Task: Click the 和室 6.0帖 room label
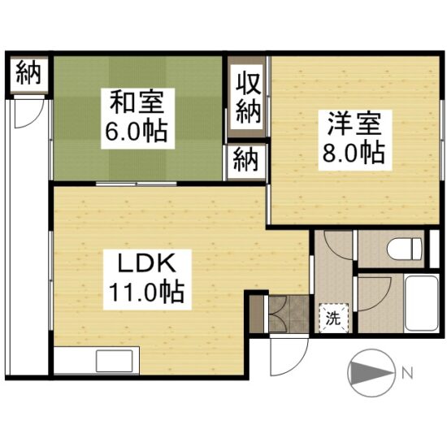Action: click(137, 119)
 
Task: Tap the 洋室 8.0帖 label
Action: click(355, 141)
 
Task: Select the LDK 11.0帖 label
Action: click(147, 280)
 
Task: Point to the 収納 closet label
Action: click(248, 98)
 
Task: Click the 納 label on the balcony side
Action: click(28, 73)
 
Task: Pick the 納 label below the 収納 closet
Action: click(247, 161)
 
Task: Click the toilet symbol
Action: click(404, 249)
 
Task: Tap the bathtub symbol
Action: click(421, 302)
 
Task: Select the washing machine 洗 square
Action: click(333, 318)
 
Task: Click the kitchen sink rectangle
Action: click(115, 361)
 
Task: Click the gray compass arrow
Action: click(371, 373)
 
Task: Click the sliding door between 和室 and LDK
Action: click(137, 184)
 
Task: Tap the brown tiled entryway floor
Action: click(289, 314)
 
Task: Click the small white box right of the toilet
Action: click(434, 249)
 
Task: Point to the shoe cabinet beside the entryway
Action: click(257, 315)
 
